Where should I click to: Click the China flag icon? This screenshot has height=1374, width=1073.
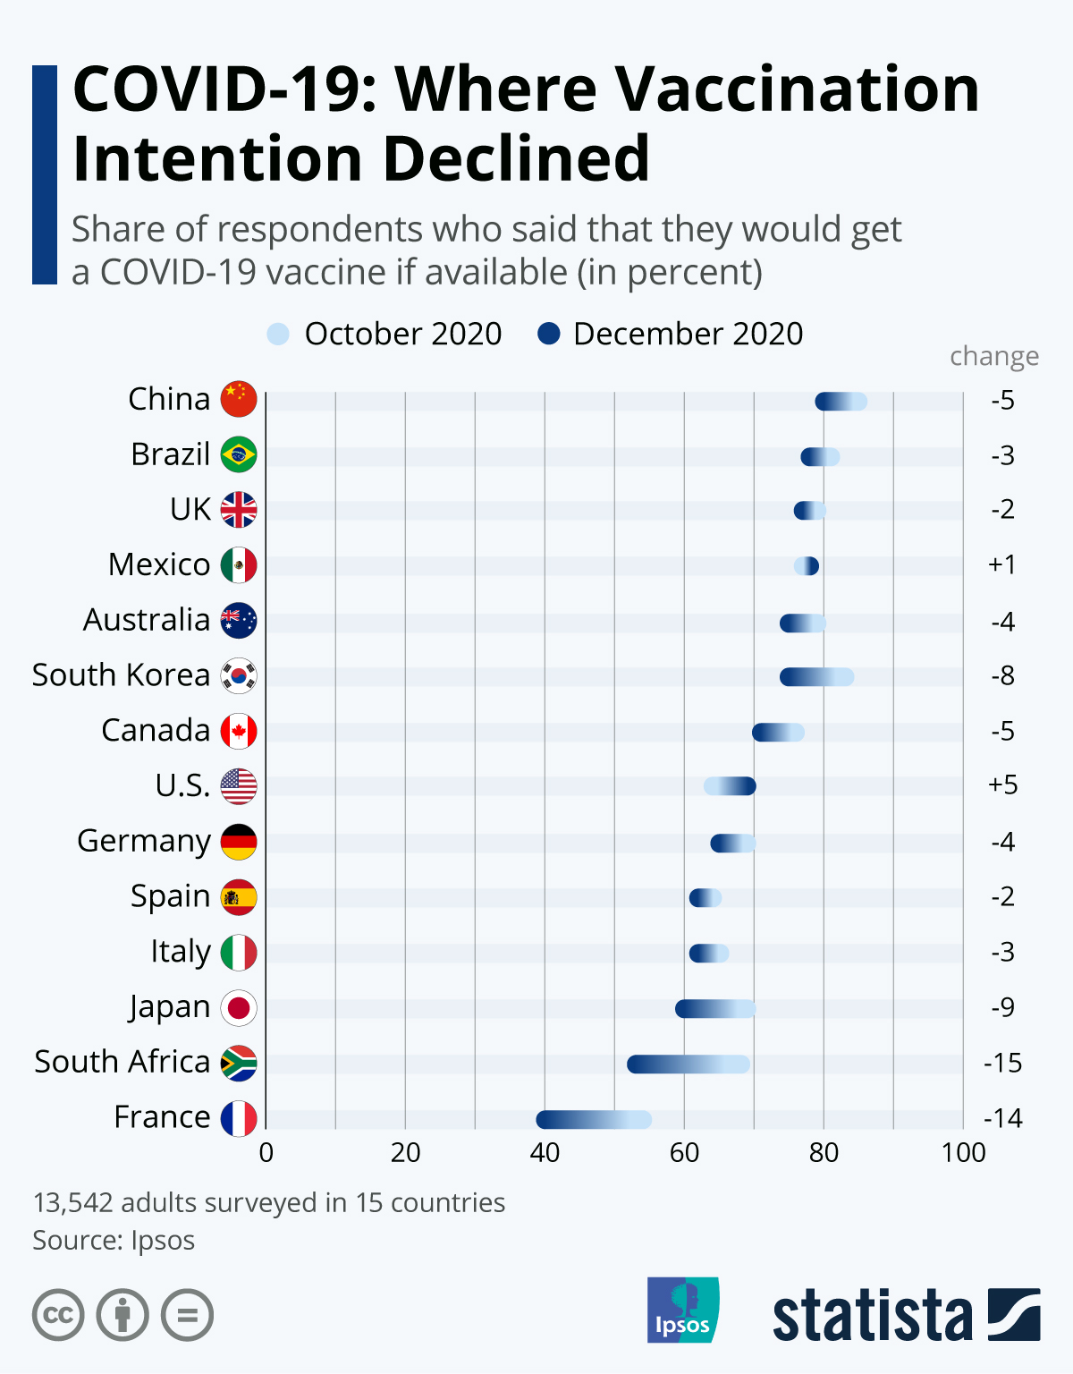[x=239, y=399]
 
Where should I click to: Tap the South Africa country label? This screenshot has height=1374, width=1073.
[x=122, y=1062]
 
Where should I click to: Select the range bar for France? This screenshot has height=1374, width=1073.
[x=594, y=1120]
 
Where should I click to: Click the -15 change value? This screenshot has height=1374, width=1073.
[x=1002, y=1063]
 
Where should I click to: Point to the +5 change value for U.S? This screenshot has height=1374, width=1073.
[x=1002, y=785]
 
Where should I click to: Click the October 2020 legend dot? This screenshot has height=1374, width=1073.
[x=278, y=335]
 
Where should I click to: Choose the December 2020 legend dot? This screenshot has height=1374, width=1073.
[x=548, y=335]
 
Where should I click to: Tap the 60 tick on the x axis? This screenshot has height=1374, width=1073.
[x=684, y=1152]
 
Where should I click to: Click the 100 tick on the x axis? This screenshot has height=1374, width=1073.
[x=963, y=1152]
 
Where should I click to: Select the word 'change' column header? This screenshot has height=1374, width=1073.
[x=993, y=356]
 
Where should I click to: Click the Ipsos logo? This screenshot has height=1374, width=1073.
[x=682, y=1310]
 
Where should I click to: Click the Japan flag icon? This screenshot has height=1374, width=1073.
[x=239, y=1008]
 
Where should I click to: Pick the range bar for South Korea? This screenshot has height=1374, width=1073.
[x=816, y=677]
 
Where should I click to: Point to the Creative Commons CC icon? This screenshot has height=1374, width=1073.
[x=58, y=1315]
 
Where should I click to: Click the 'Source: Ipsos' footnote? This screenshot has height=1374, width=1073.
[x=114, y=1241]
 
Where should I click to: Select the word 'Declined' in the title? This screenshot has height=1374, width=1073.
[x=516, y=159]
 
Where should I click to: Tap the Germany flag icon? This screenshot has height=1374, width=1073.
[x=239, y=842]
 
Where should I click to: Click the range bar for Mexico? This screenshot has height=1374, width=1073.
[x=807, y=566]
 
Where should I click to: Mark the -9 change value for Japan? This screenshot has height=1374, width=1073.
[x=1002, y=1007]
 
